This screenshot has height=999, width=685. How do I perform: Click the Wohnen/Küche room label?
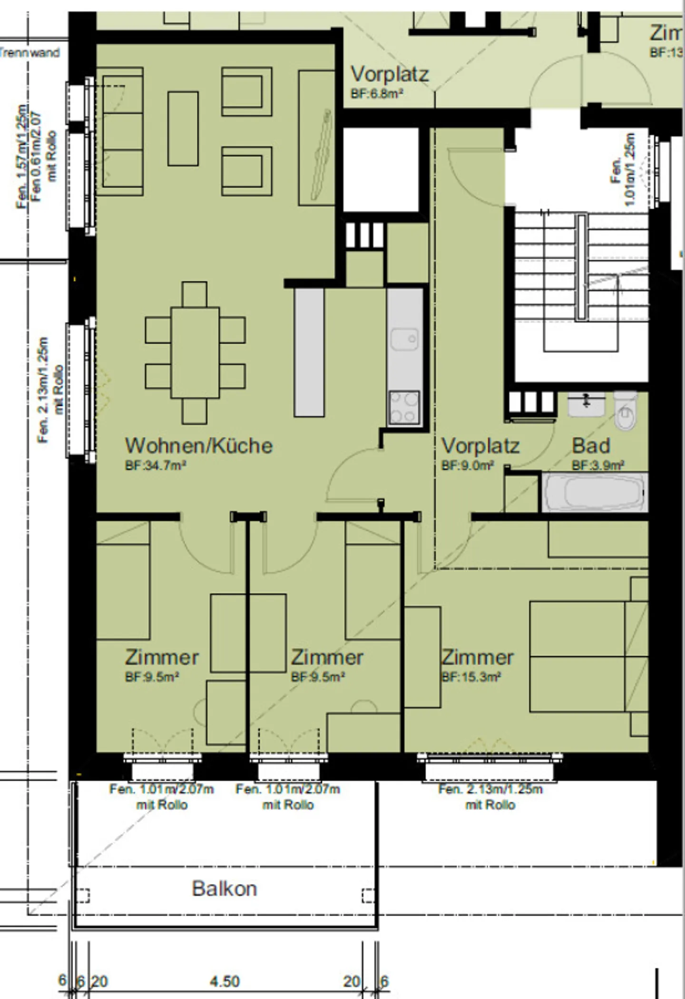click(198, 446)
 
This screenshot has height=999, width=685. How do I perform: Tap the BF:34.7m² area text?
click(155, 466)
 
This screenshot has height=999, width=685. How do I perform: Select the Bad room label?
click(591, 446)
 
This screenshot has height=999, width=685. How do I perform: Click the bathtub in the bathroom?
click(595, 493)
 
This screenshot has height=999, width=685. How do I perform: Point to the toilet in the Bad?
click(625, 410)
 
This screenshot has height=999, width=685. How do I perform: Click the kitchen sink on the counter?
click(404, 339)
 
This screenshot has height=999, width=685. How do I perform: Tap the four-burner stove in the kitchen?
click(404, 408)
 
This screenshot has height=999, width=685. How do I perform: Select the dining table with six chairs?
click(195, 352)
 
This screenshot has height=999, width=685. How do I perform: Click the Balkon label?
click(224, 889)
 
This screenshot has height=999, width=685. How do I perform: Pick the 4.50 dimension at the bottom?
click(225, 981)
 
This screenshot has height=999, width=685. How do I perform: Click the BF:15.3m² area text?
click(471, 677)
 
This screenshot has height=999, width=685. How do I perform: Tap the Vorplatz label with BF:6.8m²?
click(389, 74)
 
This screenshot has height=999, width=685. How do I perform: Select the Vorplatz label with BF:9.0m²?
click(480, 446)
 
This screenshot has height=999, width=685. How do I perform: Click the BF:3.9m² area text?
click(598, 465)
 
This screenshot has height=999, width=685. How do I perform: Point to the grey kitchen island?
click(309, 352)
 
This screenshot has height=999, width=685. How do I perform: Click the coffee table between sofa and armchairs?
click(183, 129)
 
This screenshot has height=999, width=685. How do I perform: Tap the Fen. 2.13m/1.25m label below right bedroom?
click(490, 789)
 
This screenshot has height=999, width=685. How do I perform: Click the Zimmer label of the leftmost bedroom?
click(162, 657)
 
